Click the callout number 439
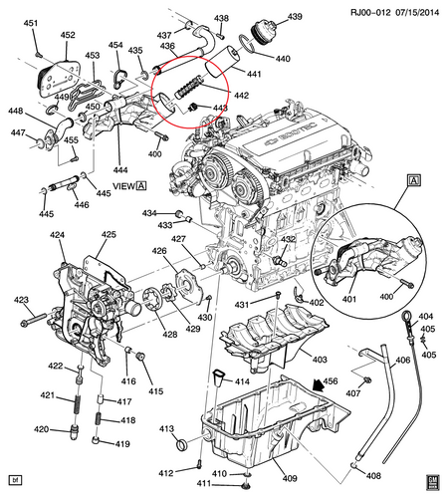point(295,16)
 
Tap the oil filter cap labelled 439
point(264,29)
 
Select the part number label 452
point(68,35)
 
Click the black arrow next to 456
point(320,385)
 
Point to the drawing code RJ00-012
point(370,13)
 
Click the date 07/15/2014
point(417,13)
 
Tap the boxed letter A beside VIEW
point(141,186)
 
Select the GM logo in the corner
point(432,482)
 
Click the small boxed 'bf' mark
point(15,480)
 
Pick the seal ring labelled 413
point(181,444)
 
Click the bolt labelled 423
point(33,320)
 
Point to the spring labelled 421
point(77,403)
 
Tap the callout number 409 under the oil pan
point(290,478)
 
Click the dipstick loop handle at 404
point(407,317)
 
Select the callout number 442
point(241,96)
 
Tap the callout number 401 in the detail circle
point(349,299)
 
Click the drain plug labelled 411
point(247,486)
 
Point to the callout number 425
point(109,235)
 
